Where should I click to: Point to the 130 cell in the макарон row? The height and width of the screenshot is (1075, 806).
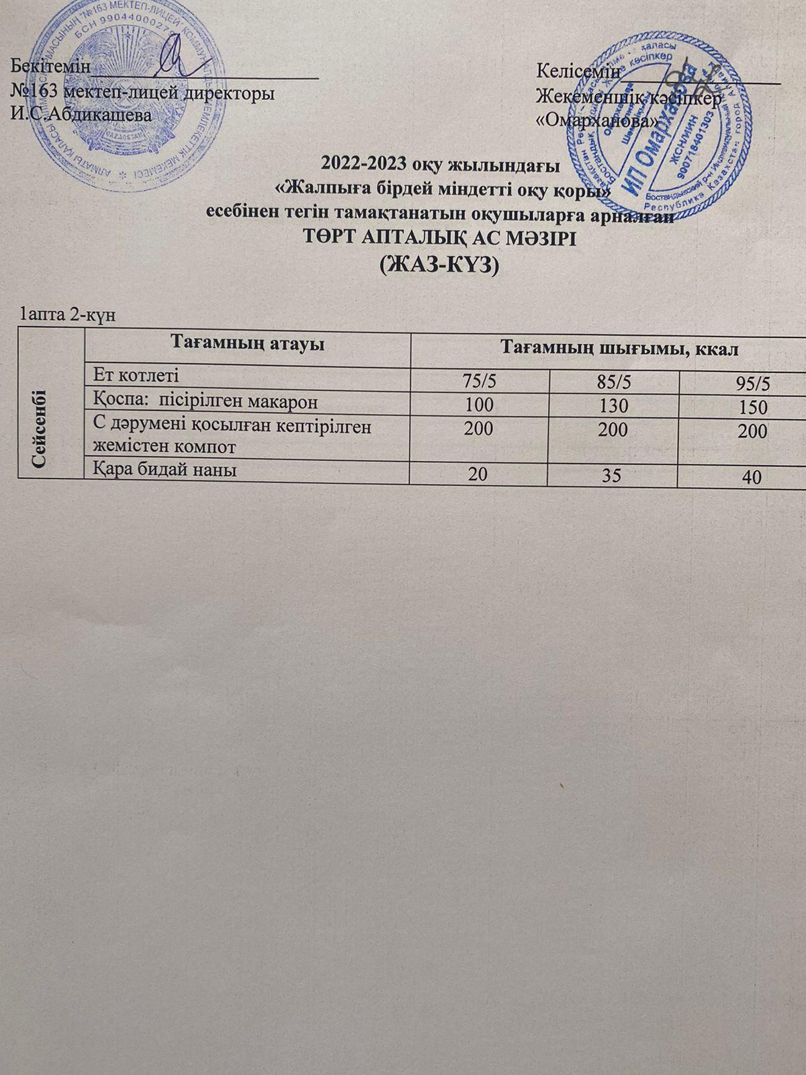pos(615,406)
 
